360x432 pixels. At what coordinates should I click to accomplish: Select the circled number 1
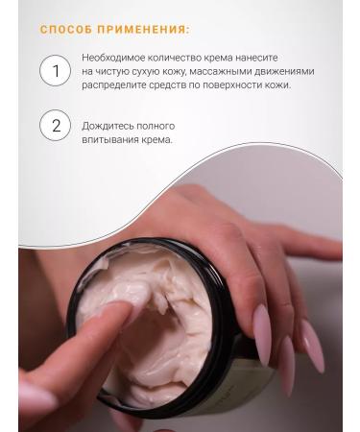click(56, 71)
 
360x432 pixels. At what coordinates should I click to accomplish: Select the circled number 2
click(56, 126)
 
